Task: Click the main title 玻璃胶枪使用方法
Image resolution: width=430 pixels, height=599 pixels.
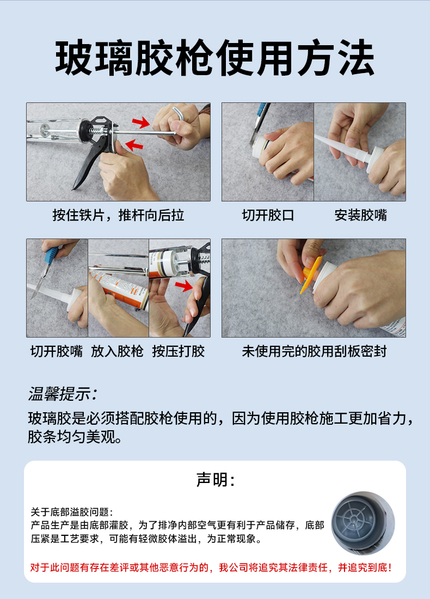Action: click(214, 58)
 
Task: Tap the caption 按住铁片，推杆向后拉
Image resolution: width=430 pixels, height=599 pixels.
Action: click(118, 215)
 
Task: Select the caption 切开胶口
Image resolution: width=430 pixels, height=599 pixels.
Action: click(268, 215)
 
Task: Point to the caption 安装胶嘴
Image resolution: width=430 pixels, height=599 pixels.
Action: click(360, 215)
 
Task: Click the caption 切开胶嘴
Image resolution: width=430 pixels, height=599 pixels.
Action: click(57, 351)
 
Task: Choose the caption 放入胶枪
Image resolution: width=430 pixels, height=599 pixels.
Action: click(117, 351)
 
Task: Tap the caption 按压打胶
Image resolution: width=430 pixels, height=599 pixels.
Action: click(179, 351)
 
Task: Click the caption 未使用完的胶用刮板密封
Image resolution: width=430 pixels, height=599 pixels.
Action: click(314, 351)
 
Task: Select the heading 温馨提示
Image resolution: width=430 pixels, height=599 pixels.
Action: click(63, 394)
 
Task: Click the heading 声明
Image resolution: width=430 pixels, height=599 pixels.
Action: click(215, 479)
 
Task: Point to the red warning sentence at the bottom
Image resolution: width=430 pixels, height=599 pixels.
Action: click(211, 567)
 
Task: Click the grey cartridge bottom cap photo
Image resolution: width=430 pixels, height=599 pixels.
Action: click(363, 523)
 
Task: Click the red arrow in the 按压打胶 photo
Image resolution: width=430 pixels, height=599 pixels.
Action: click(183, 285)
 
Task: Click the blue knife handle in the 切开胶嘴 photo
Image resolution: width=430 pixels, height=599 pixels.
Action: click(51, 255)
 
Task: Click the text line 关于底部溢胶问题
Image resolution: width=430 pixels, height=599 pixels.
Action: click(71, 512)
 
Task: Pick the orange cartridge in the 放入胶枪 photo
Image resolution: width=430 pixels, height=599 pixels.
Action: click(119, 289)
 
